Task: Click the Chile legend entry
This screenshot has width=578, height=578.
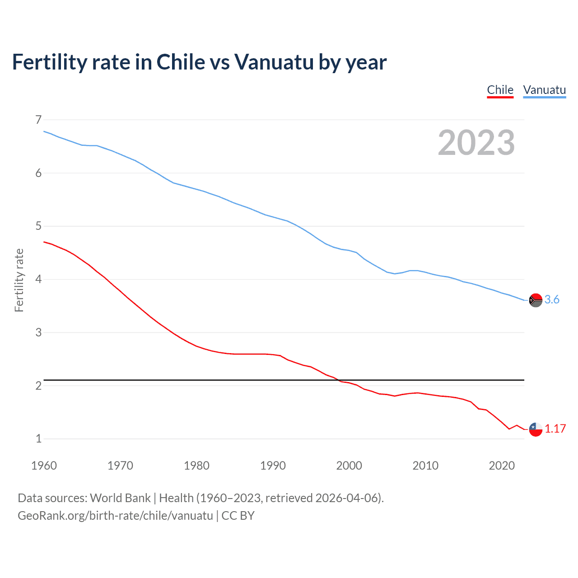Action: pyautogui.click(x=500, y=90)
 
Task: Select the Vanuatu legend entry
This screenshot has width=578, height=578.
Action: pyautogui.click(x=544, y=90)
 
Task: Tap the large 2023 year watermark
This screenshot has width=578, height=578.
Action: pyautogui.click(x=476, y=143)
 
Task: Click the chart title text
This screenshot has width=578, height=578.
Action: pyautogui.click(x=199, y=62)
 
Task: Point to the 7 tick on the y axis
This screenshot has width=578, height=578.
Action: pyautogui.click(x=38, y=120)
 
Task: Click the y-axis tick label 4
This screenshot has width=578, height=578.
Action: pyautogui.click(x=38, y=279)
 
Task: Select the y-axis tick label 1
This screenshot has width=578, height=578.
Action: pyautogui.click(x=38, y=438)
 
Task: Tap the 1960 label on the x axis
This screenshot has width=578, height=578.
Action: pyautogui.click(x=44, y=466)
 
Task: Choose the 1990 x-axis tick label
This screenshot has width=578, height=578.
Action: pyautogui.click(x=273, y=466)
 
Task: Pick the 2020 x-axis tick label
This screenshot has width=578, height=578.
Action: pyautogui.click(x=502, y=466)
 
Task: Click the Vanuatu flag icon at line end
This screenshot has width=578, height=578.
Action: pyautogui.click(x=536, y=300)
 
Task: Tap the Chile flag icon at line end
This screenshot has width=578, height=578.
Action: pyautogui.click(x=536, y=429)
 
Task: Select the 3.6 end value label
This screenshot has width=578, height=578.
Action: pyautogui.click(x=552, y=299)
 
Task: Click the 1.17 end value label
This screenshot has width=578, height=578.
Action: pyautogui.click(x=555, y=429)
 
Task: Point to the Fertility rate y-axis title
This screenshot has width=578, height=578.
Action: pyautogui.click(x=19, y=280)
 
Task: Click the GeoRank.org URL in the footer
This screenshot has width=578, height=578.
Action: pyautogui.click(x=115, y=515)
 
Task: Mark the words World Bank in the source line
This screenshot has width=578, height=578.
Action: pyautogui.click(x=120, y=498)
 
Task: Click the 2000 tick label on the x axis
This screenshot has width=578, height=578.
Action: pyautogui.click(x=349, y=466)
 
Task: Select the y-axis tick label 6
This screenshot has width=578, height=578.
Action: pyautogui.click(x=38, y=173)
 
